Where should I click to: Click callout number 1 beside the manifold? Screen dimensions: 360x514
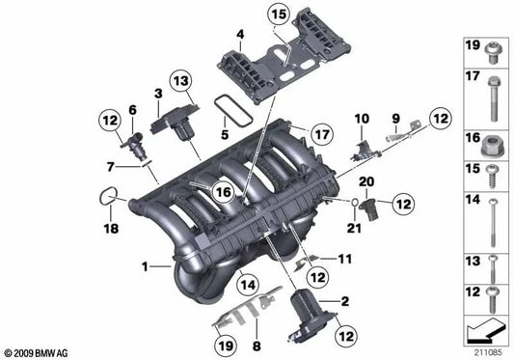pos(146,265)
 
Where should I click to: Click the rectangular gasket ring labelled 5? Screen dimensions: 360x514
pos(227,101)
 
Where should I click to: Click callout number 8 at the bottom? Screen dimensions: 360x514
pos(256,345)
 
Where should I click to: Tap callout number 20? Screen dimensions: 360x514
pos(365,182)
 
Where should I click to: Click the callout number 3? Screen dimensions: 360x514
pos(157,94)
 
